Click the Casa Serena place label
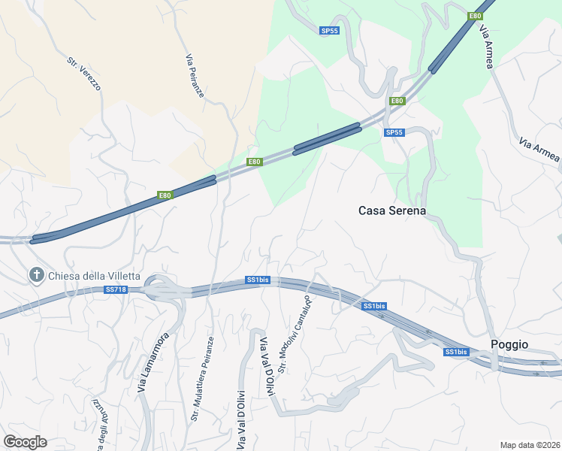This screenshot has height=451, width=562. click(x=391, y=211)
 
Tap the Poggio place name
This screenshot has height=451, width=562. click(x=509, y=344)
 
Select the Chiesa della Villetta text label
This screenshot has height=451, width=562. click(x=94, y=276)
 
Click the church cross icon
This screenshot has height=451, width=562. click(x=36, y=276)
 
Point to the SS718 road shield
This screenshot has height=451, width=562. click(x=116, y=289)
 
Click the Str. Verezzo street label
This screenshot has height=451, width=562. click(x=83, y=74)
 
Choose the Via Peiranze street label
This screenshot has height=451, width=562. click(x=194, y=75)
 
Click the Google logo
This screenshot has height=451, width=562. click(x=25, y=442)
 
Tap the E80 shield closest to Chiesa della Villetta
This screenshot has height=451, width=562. click(x=165, y=195)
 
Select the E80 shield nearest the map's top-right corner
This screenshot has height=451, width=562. click(x=475, y=16)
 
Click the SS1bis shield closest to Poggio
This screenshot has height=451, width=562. click(x=455, y=352)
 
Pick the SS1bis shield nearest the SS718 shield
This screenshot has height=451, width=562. click(x=257, y=280)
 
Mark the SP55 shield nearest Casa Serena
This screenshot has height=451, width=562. click(x=394, y=132)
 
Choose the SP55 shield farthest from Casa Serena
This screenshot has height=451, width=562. click(x=329, y=31)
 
